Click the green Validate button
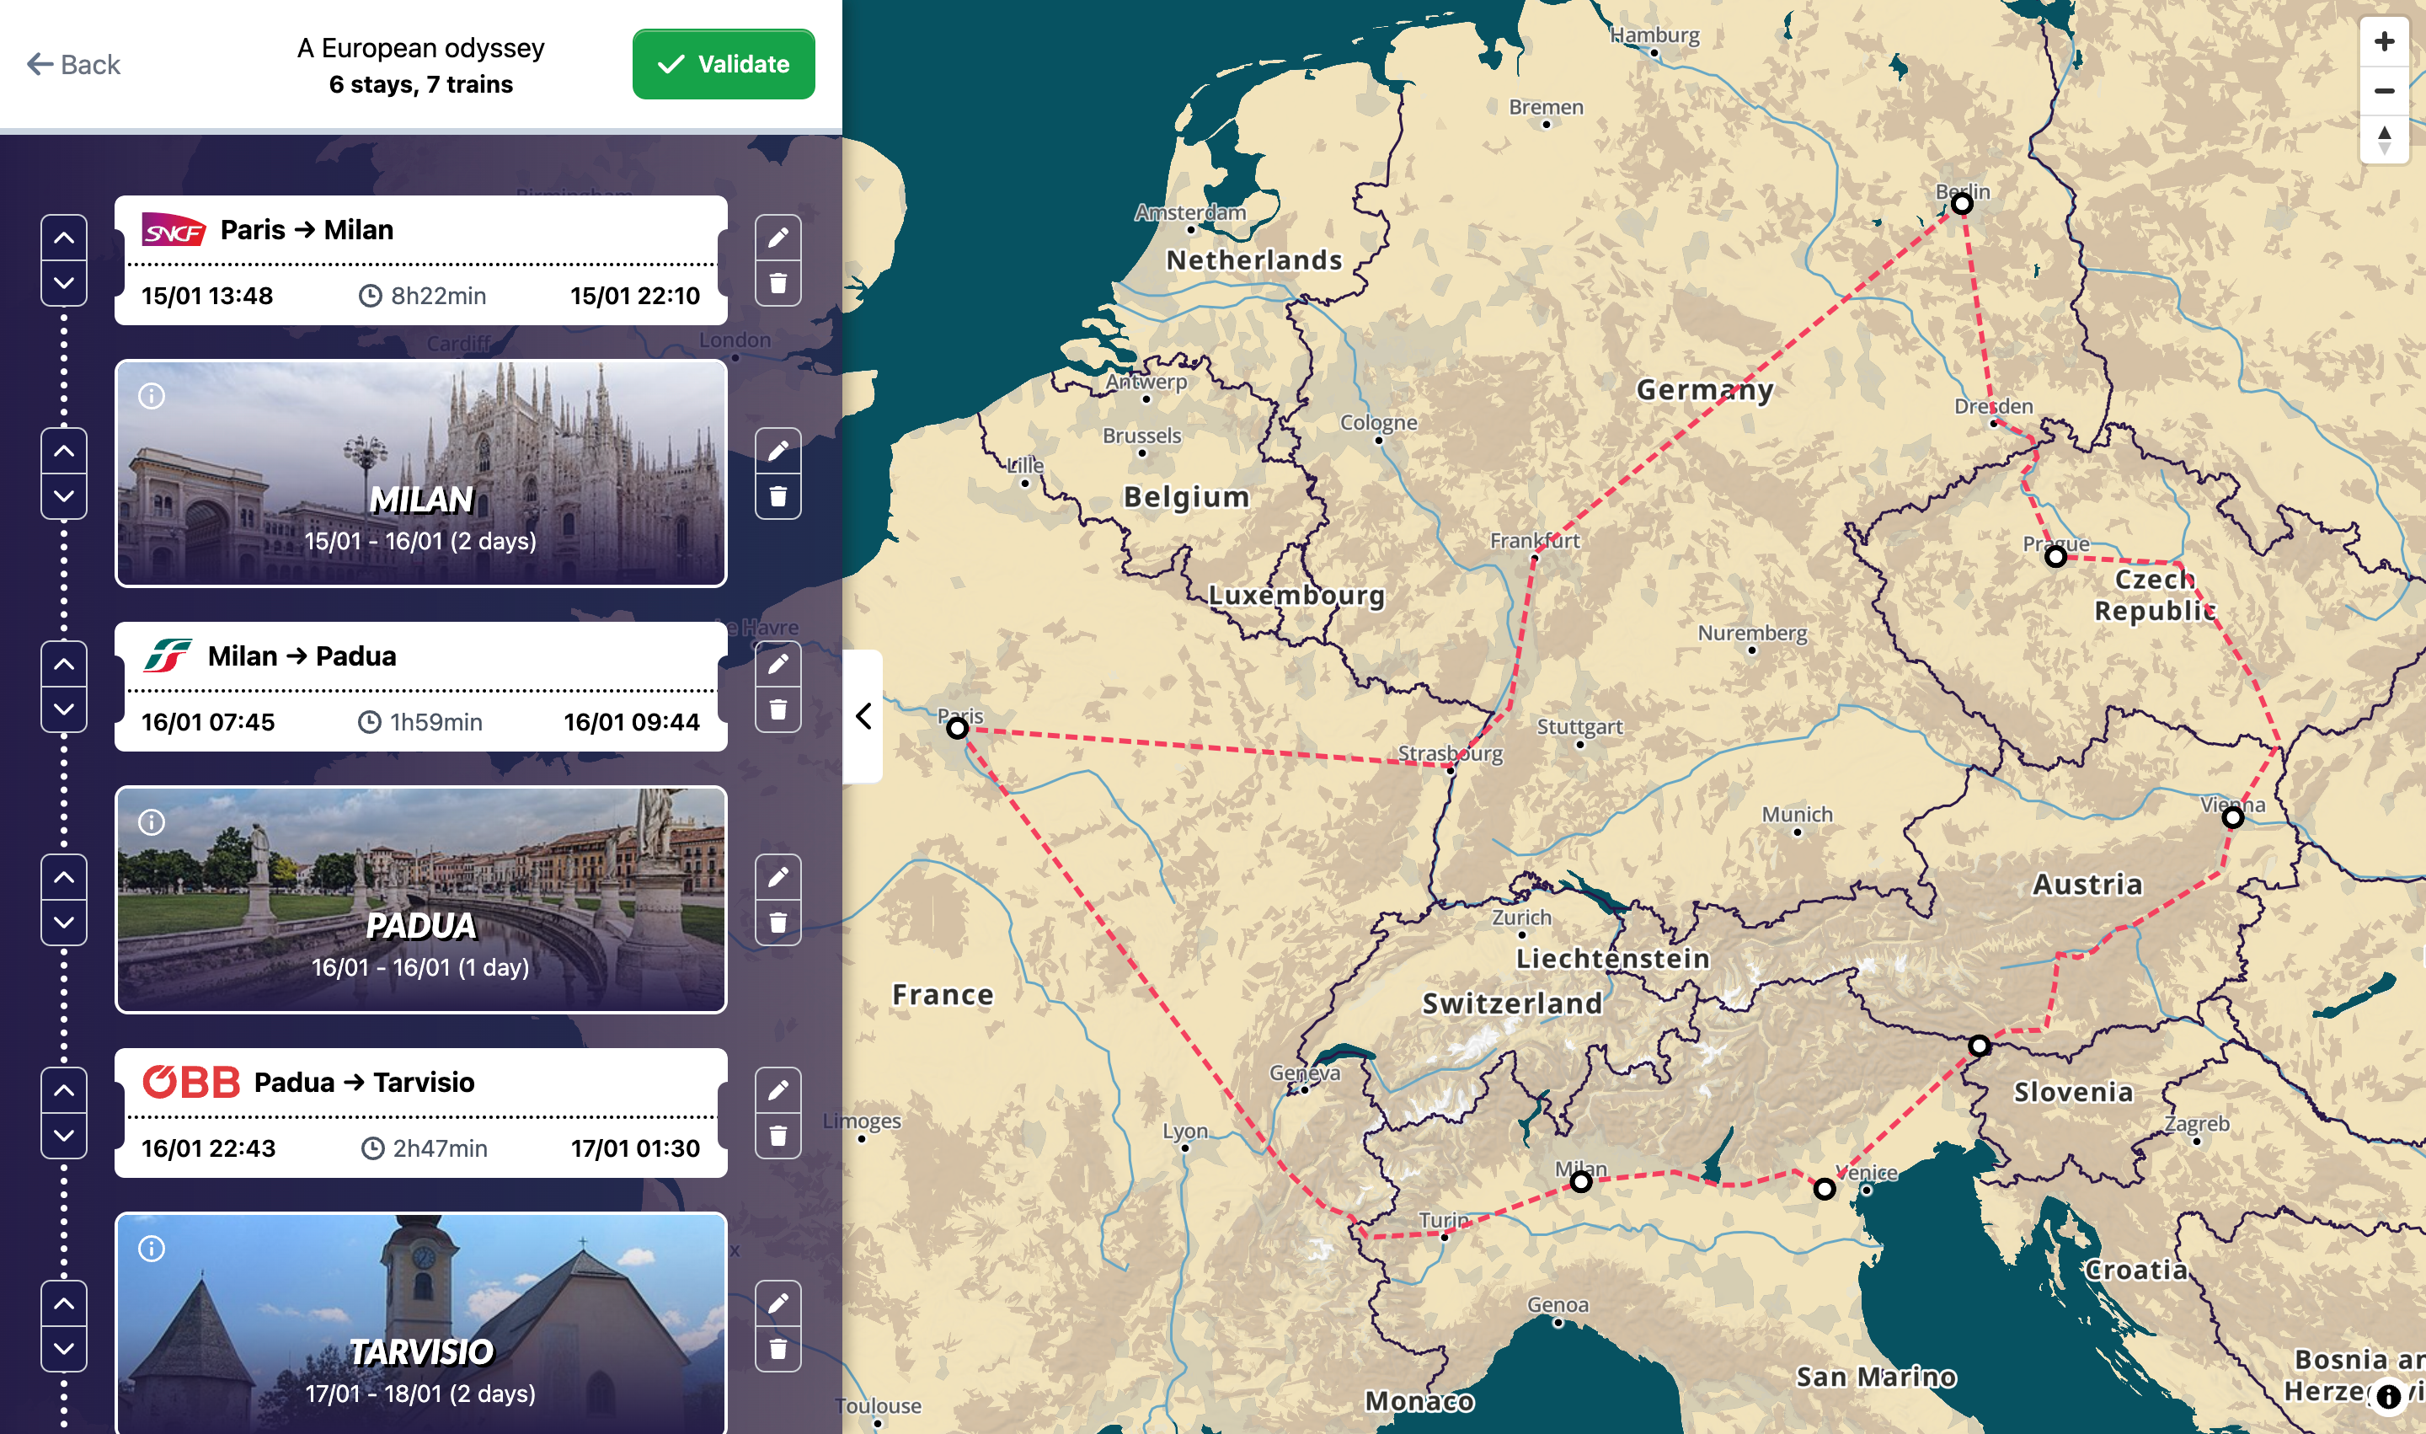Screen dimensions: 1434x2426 point(723,64)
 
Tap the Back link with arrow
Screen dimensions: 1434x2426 point(73,65)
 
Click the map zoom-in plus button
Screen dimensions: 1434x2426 point(2384,41)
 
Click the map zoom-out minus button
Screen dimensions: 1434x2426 point(2384,91)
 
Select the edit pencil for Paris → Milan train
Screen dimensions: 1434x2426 point(777,238)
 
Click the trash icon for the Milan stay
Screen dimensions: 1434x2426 point(777,497)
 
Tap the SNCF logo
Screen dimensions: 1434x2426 point(174,230)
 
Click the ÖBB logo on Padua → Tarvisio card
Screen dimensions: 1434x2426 point(191,1083)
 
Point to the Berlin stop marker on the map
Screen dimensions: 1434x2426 point(1961,204)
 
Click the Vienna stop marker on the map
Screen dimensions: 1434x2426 point(2233,817)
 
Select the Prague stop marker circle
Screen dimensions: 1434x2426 point(2055,557)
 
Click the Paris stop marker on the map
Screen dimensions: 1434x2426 point(956,729)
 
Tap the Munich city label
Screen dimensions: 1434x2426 point(1796,815)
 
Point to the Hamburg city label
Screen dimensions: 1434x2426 point(1654,35)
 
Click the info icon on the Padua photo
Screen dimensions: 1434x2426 point(152,822)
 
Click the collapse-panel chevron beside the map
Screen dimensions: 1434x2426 point(863,716)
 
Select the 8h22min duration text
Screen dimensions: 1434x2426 point(438,296)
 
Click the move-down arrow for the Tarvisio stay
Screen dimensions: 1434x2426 point(64,1348)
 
